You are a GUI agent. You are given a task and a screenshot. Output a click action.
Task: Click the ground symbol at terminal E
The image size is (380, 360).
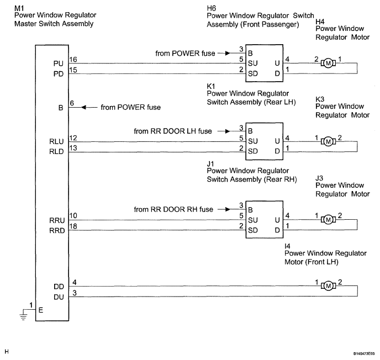(x=24, y=315)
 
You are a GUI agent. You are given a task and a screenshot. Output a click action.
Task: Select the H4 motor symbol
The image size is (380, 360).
(x=328, y=63)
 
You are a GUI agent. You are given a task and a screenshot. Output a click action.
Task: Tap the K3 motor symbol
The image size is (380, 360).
(x=328, y=141)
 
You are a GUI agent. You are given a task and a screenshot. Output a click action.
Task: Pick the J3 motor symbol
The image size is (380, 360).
(x=328, y=220)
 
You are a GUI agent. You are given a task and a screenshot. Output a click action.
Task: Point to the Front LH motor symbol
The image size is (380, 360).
(x=328, y=286)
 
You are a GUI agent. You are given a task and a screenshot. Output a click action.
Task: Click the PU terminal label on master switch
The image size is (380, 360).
(x=59, y=63)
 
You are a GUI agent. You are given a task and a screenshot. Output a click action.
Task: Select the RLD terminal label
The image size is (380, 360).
(x=56, y=152)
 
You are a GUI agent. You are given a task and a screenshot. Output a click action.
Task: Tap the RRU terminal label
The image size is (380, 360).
(x=57, y=220)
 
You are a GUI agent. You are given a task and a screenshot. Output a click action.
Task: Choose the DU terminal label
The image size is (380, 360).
(x=59, y=297)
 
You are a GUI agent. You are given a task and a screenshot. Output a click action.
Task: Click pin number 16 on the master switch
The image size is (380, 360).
(x=73, y=59)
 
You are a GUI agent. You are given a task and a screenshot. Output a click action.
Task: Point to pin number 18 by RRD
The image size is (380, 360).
(x=73, y=226)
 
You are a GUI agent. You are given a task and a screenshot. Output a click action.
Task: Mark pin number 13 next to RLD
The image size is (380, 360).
(x=73, y=148)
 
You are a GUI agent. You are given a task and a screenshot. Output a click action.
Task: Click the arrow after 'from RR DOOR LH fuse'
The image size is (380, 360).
(x=224, y=131)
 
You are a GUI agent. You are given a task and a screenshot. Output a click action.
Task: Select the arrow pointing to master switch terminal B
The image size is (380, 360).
(x=89, y=107)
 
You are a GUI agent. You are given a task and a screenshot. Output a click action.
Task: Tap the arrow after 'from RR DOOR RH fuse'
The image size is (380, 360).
(x=224, y=209)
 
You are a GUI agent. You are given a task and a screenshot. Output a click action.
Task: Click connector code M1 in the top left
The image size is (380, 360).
(x=19, y=8)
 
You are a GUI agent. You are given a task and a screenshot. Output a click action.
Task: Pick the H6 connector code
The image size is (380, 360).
(x=212, y=8)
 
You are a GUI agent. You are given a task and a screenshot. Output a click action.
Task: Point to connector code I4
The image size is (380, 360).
(x=287, y=246)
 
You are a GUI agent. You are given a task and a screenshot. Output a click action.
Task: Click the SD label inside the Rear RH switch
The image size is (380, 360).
(x=253, y=230)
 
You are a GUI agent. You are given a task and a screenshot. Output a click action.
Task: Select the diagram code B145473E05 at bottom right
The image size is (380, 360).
(x=364, y=354)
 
